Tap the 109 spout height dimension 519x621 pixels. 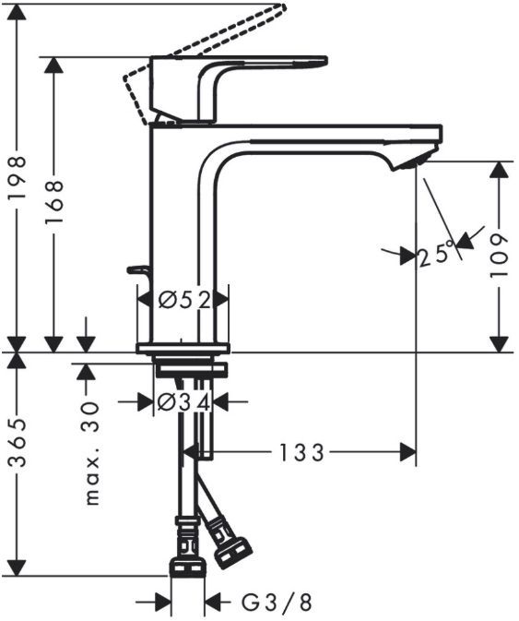(x=499, y=256)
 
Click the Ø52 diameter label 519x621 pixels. (x=182, y=299)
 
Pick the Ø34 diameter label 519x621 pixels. (x=182, y=402)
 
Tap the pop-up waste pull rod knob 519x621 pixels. (x=137, y=269)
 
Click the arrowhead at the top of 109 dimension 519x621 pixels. (x=499, y=170)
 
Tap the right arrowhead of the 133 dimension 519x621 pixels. (x=407, y=452)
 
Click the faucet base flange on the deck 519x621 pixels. (x=182, y=348)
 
